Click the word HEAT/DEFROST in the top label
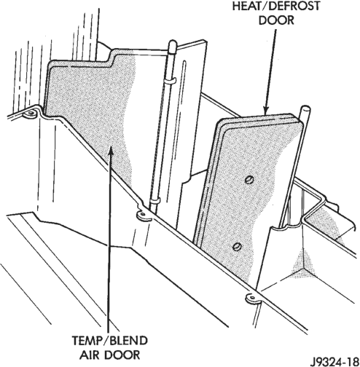(276, 6)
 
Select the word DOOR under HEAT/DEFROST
(276, 20)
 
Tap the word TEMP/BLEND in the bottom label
(109, 341)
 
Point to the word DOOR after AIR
(122, 355)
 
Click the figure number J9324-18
(334, 360)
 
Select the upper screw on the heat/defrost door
(249, 180)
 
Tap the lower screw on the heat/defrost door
(237, 247)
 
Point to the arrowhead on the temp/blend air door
(111, 151)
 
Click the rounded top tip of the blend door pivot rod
(173, 44)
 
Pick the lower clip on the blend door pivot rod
(154, 201)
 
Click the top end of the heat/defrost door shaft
(305, 108)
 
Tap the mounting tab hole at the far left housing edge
(31, 113)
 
